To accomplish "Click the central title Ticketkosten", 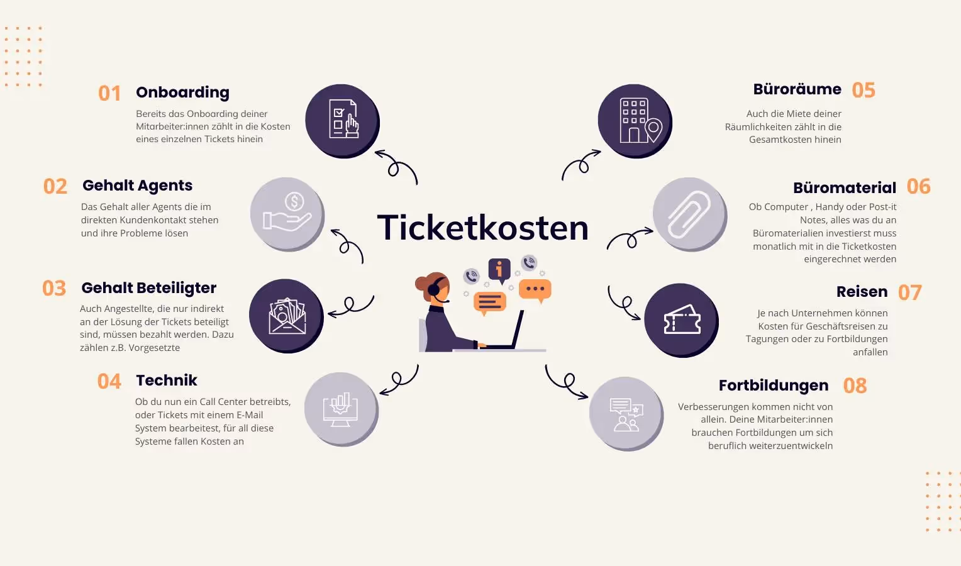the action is click(482, 228).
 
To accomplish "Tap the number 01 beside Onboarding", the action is click(109, 94).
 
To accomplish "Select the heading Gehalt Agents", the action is click(137, 186).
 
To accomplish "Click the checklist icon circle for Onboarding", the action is click(342, 120).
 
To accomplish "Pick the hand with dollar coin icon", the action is click(287, 214).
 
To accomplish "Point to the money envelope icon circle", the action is click(286, 316).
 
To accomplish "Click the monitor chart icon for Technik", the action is click(341, 409).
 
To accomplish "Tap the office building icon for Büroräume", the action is click(635, 121).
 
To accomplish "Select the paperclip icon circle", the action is click(689, 214).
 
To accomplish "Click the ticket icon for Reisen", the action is click(682, 320).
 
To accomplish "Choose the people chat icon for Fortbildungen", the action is click(626, 414).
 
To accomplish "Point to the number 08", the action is click(855, 386).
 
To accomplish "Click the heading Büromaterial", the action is click(844, 187).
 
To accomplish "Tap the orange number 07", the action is click(909, 292).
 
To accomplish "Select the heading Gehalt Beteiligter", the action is click(148, 288).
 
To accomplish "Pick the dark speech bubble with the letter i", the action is click(499, 270).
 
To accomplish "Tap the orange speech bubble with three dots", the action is click(535, 289).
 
